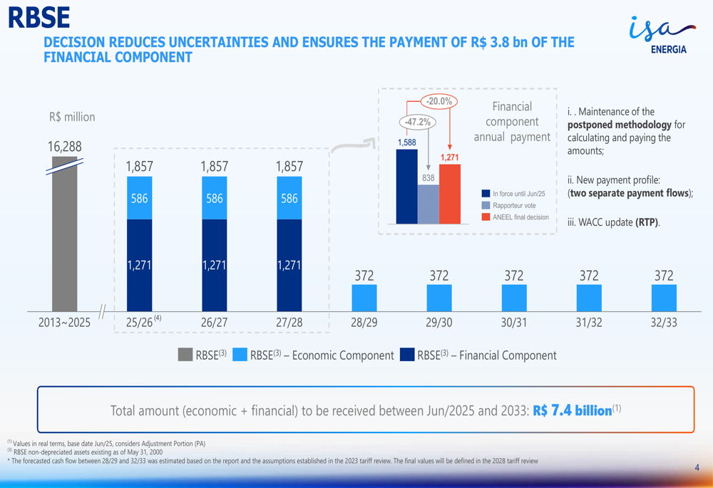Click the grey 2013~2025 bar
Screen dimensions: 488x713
(64, 235)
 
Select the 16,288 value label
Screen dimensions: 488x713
(64, 147)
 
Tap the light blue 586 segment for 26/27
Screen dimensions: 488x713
(214, 198)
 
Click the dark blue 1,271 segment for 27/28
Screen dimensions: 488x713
(289, 265)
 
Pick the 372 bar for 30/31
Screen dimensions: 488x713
(513, 298)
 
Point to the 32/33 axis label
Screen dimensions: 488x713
(663, 323)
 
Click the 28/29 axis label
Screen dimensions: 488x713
(364, 323)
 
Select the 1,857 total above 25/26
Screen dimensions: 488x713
(139, 166)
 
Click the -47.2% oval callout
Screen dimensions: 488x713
(418, 122)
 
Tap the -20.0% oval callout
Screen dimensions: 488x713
(439, 101)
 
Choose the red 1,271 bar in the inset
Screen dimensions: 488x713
(449, 194)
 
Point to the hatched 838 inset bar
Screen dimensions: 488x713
(428, 204)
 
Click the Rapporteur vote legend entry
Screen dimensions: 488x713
(513, 205)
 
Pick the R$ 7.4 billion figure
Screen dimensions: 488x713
(573, 410)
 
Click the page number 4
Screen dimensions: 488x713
(697, 468)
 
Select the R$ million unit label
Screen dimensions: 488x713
(72, 117)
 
